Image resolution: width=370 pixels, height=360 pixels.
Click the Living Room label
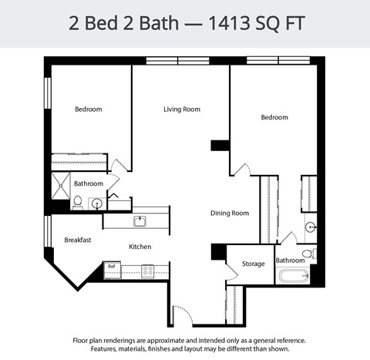pyautogui.click(x=181, y=109)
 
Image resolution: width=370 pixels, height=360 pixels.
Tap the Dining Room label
pyautogui.click(x=230, y=213)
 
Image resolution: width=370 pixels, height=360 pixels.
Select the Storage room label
pyautogui.click(x=253, y=264)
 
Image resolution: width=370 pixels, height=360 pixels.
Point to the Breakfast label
pyautogui.click(x=77, y=240)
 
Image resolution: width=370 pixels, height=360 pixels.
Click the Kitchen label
pyautogui.click(x=140, y=247)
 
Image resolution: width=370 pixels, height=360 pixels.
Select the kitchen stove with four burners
pyautogui.click(x=147, y=270)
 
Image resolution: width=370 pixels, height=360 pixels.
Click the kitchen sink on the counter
pyautogui.click(x=140, y=222)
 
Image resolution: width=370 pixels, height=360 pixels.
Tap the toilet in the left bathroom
pyautogui.click(x=77, y=202)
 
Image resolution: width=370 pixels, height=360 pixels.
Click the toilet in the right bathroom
pyautogui.click(x=308, y=253)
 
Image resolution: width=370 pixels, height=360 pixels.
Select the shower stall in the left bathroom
pyautogui.click(x=59, y=185)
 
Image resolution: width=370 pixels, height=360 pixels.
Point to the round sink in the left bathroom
pyautogui.click(x=96, y=204)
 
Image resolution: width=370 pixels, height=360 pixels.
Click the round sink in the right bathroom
pyautogui.click(x=310, y=227)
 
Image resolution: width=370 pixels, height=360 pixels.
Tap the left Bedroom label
pyautogui.click(x=88, y=109)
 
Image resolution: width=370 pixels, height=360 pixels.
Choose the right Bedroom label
pyautogui.click(x=274, y=117)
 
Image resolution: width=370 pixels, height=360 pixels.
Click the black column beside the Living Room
pyautogui.click(x=220, y=144)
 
